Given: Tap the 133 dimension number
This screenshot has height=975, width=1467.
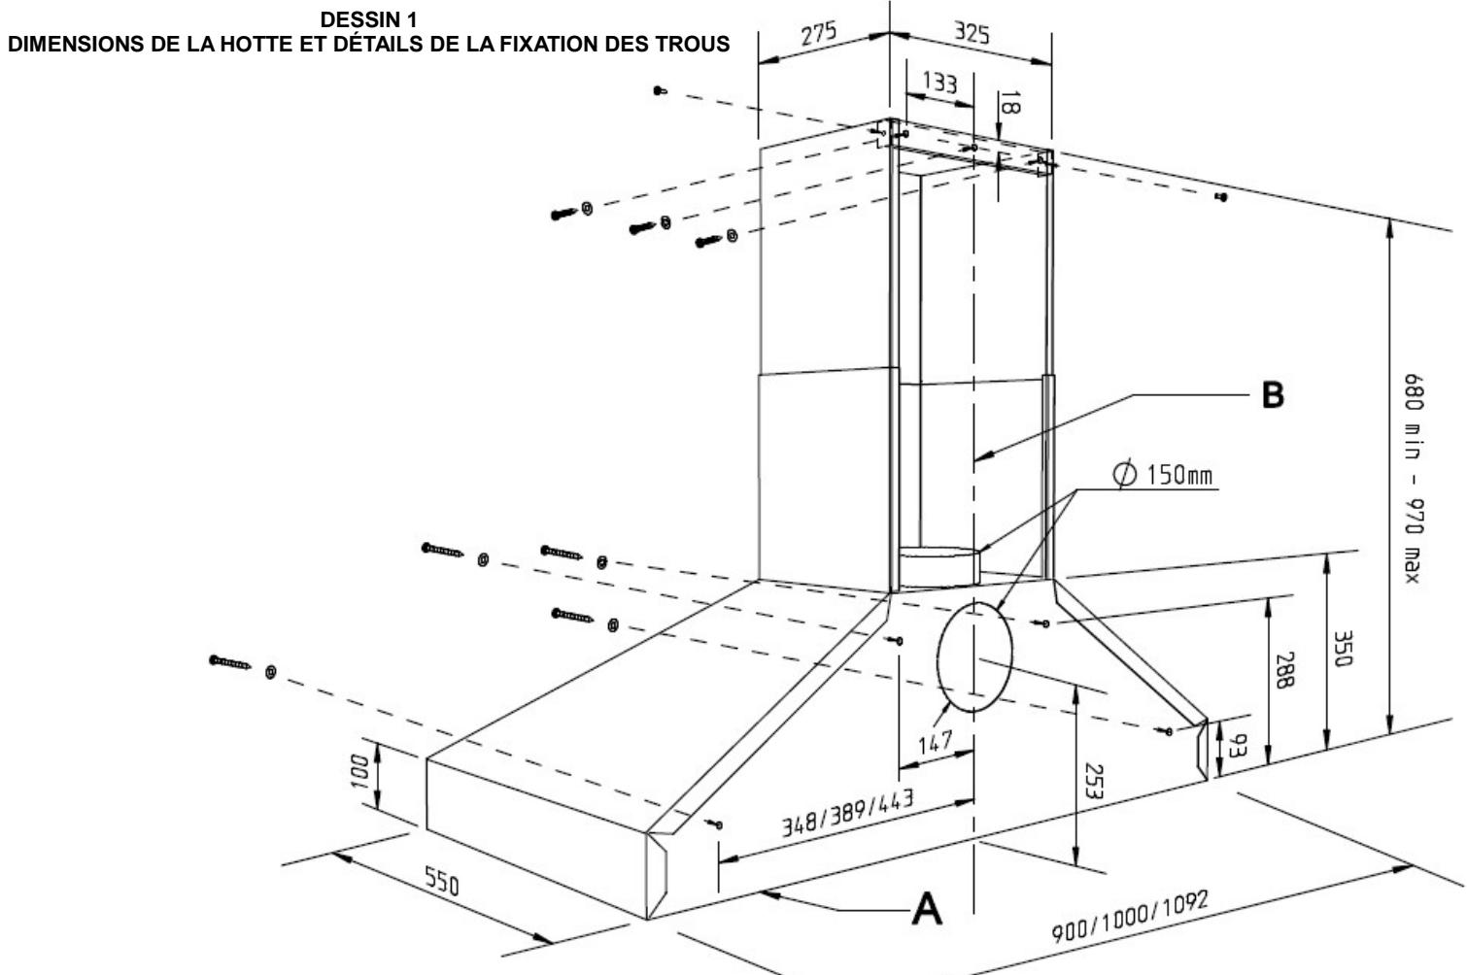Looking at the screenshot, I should coord(938,84).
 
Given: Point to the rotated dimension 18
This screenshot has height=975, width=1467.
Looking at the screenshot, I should coord(1007,103).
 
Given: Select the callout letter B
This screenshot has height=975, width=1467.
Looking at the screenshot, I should coord(1272,395).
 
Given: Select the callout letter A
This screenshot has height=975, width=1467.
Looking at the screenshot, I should coord(927,910).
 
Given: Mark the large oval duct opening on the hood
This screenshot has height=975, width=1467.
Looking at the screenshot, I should coord(974,659).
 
